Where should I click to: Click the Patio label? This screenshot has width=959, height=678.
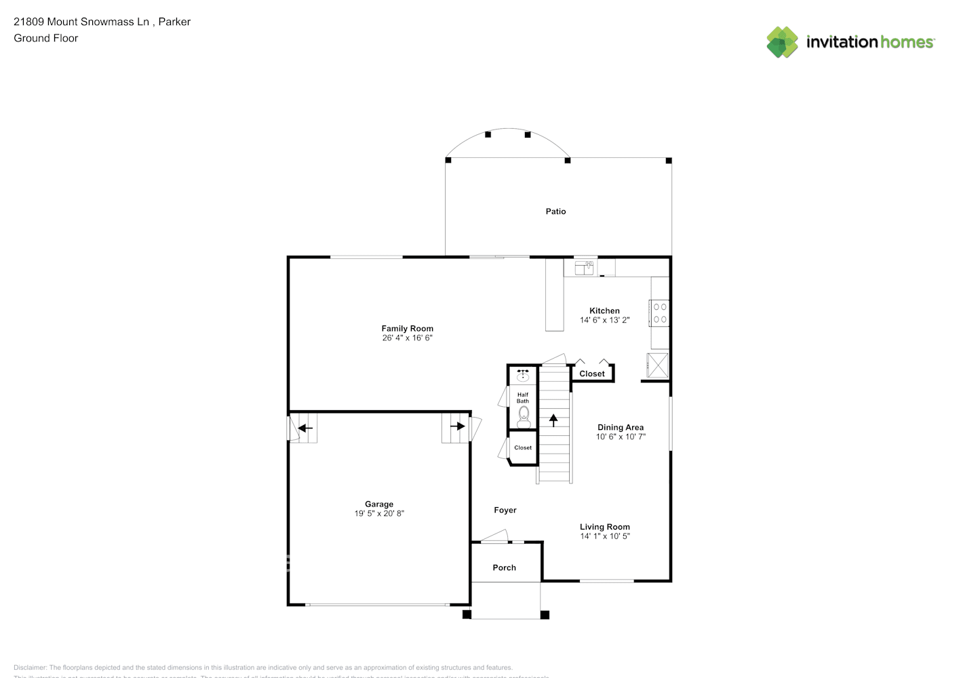(x=555, y=212)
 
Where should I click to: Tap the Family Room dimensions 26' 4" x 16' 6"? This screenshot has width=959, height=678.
(x=407, y=338)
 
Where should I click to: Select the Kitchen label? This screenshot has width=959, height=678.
(x=604, y=311)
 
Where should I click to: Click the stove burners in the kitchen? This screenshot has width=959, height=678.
(x=660, y=313)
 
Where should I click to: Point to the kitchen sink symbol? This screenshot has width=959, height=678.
(x=585, y=268)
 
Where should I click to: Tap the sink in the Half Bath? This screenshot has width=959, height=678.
(x=523, y=375)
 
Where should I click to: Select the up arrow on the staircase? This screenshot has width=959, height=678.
(x=553, y=420)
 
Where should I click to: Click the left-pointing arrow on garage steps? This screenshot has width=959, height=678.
(x=305, y=428)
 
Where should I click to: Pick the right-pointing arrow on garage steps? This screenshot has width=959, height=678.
(x=457, y=426)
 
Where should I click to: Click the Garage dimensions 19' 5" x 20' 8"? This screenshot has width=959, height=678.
(x=379, y=513)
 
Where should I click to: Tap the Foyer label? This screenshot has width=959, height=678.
(x=505, y=510)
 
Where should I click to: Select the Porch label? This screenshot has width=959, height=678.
(x=504, y=567)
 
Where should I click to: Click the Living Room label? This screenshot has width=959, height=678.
(x=604, y=527)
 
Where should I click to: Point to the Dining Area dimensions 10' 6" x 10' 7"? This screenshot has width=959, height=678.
(x=621, y=437)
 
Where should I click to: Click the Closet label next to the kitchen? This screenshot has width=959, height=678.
(x=591, y=374)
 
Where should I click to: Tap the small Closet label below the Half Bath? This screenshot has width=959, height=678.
(x=523, y=447)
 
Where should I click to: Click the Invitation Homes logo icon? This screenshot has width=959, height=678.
(x=782, y=42)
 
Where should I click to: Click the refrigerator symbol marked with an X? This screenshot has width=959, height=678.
(x=657, y=365)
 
